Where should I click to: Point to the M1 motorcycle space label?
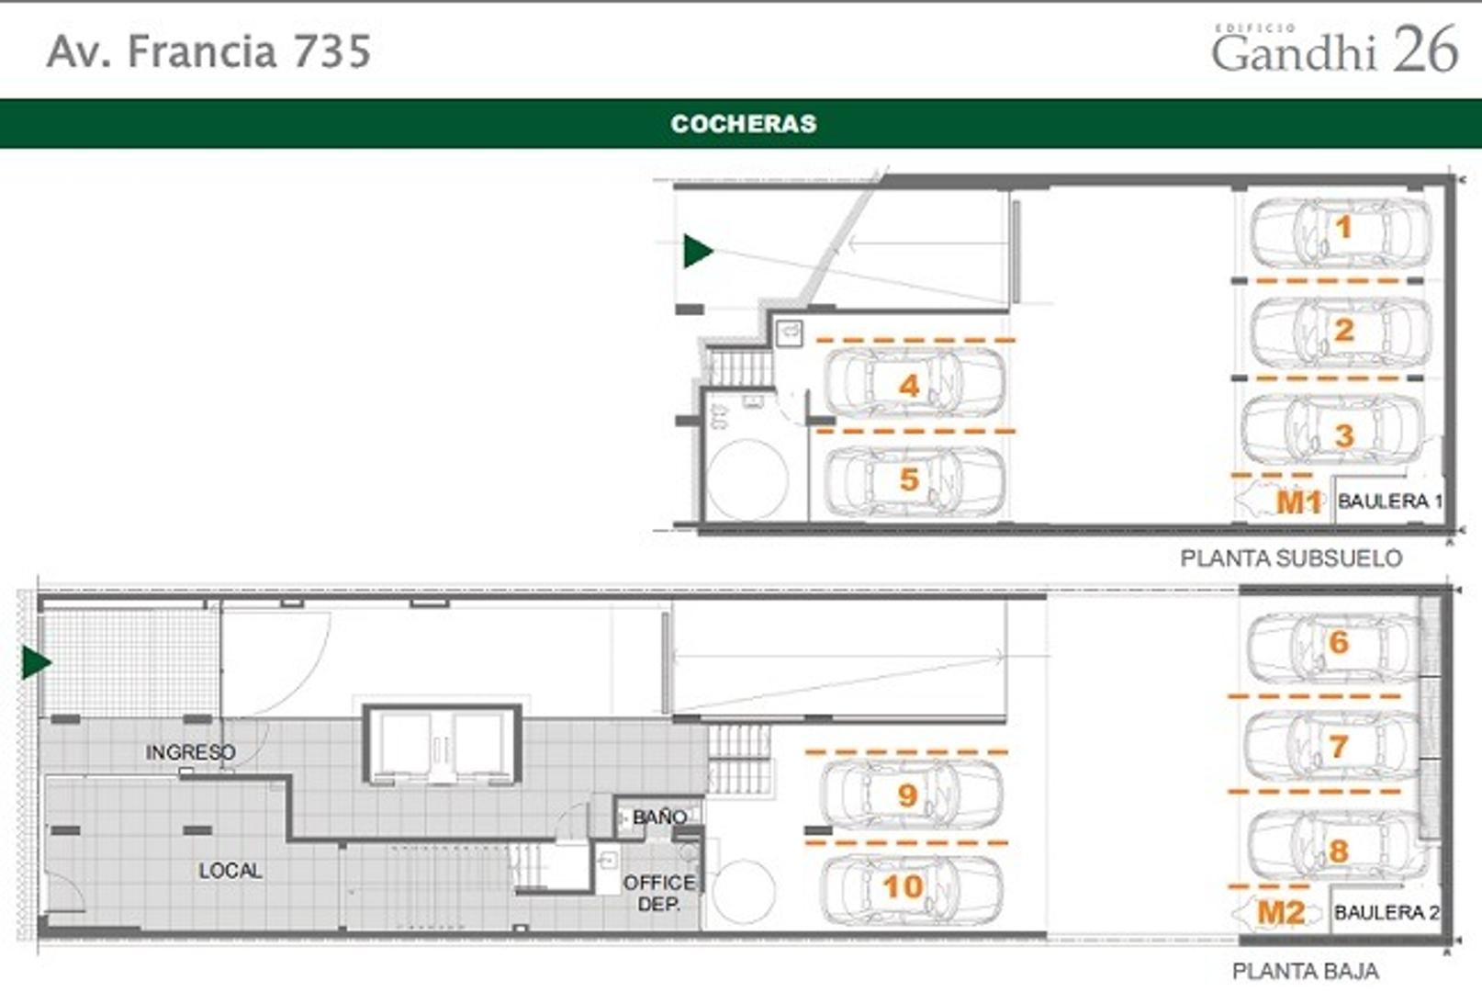pos(1298,502)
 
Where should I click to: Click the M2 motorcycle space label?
pos(1281,913)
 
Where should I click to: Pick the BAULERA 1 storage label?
pos(1390,501)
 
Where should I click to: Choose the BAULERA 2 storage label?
pos(1387,913)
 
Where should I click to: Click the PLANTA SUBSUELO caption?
pos(1291,558)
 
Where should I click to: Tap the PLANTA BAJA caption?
pos(1306,971)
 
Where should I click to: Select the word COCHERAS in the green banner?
pos(744,124)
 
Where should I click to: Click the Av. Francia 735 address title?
pos(209,51)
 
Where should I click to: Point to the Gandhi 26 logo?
pos(1335,48)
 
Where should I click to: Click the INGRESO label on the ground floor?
pos(191,751)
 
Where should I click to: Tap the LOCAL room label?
pos(230,870)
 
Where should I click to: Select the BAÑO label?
pos(659,817)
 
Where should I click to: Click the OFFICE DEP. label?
pos(659,893)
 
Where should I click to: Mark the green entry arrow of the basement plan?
pos(698,251)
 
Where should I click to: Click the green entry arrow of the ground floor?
pos(37,662)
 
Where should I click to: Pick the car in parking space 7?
pos(1331,746)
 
